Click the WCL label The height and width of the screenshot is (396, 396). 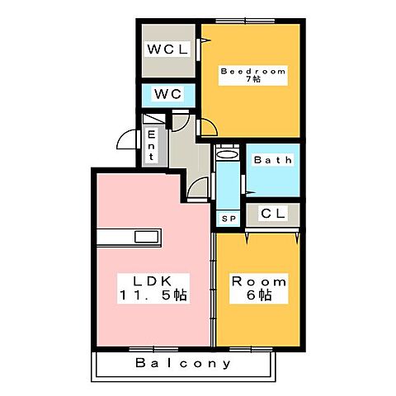pos(168,49)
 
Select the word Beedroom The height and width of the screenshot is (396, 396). pos(252,72)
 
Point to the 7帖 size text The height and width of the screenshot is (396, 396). pos(252,82)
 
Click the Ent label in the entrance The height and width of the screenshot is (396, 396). pos(152,147)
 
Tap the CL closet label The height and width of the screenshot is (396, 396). pos(272,214)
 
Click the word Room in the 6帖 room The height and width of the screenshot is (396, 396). pos(257,279)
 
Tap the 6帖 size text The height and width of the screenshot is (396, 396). pos(257,295)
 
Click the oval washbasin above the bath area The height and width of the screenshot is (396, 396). pos(226,153)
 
